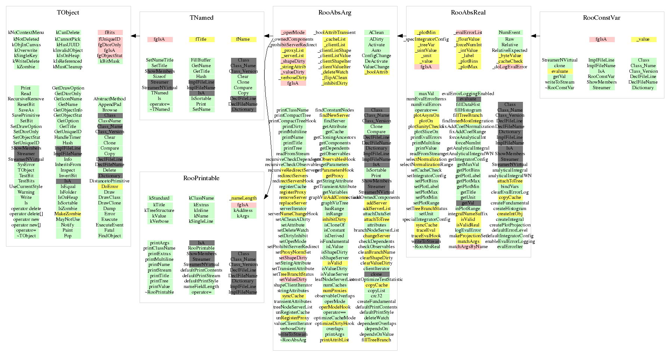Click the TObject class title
[68, 13]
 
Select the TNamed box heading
[202, 18]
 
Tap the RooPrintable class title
[201, 178]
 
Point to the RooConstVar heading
[601, 18]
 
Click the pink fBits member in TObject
[110, 32]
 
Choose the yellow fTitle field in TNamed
[202, 39]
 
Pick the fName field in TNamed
[243, 39]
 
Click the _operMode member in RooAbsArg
[293, 32]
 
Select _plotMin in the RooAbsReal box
[427, 32]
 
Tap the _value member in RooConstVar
[643, 39]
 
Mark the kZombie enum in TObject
[26, 67]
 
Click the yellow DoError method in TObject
[110, 187]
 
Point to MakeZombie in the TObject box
[68, 214]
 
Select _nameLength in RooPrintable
[243, 198]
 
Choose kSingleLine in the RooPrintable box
[201, 221]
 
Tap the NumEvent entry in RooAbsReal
[509, 32]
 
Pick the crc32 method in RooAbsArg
[376, 296]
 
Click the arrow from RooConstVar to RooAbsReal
[535, 36]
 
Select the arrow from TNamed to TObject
[135, 36]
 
